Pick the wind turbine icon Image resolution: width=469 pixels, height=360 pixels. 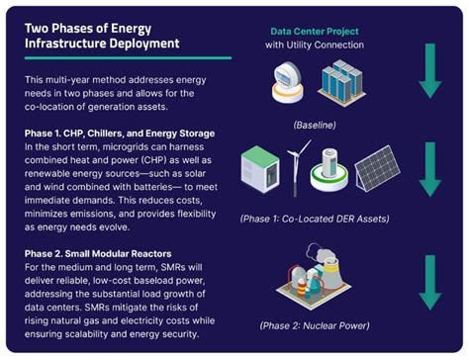293,168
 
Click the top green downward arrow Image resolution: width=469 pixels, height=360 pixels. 428,70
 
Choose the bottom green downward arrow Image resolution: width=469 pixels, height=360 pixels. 428,281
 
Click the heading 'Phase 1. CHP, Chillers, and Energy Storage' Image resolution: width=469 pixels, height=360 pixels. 126,132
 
